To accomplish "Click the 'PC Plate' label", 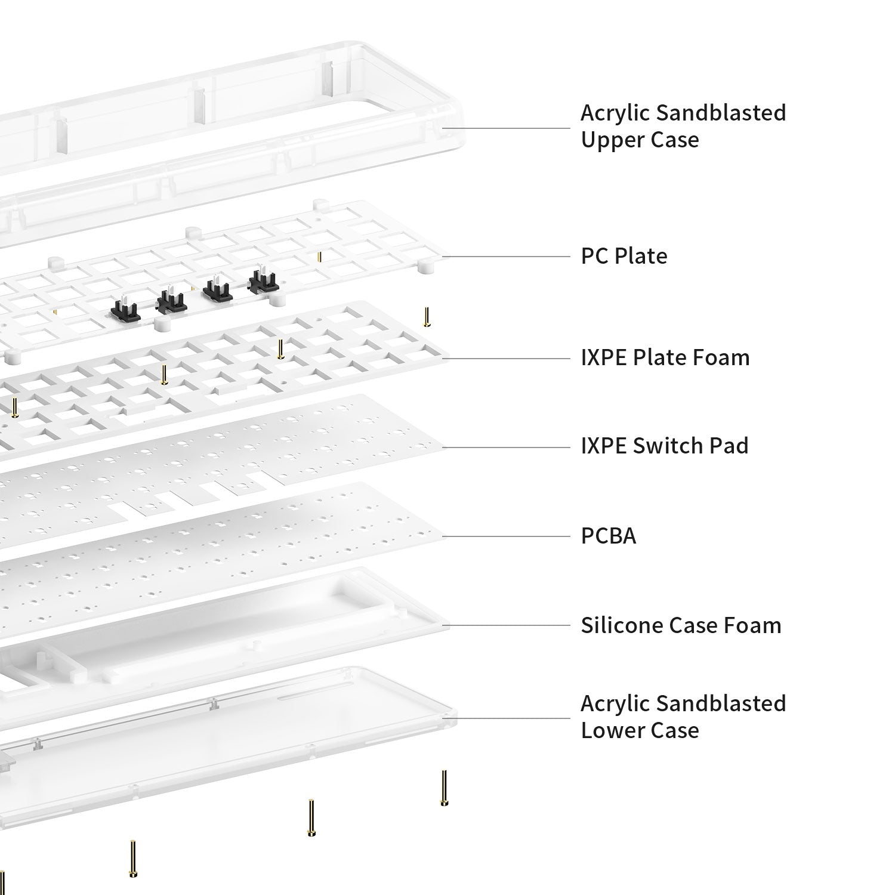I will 624,256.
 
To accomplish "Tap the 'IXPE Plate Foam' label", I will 665,357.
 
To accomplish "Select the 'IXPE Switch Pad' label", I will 664,446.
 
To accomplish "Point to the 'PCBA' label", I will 609,536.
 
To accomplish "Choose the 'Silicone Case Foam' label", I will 681,625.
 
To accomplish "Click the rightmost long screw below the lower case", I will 444,789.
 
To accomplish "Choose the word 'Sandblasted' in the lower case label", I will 716,703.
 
